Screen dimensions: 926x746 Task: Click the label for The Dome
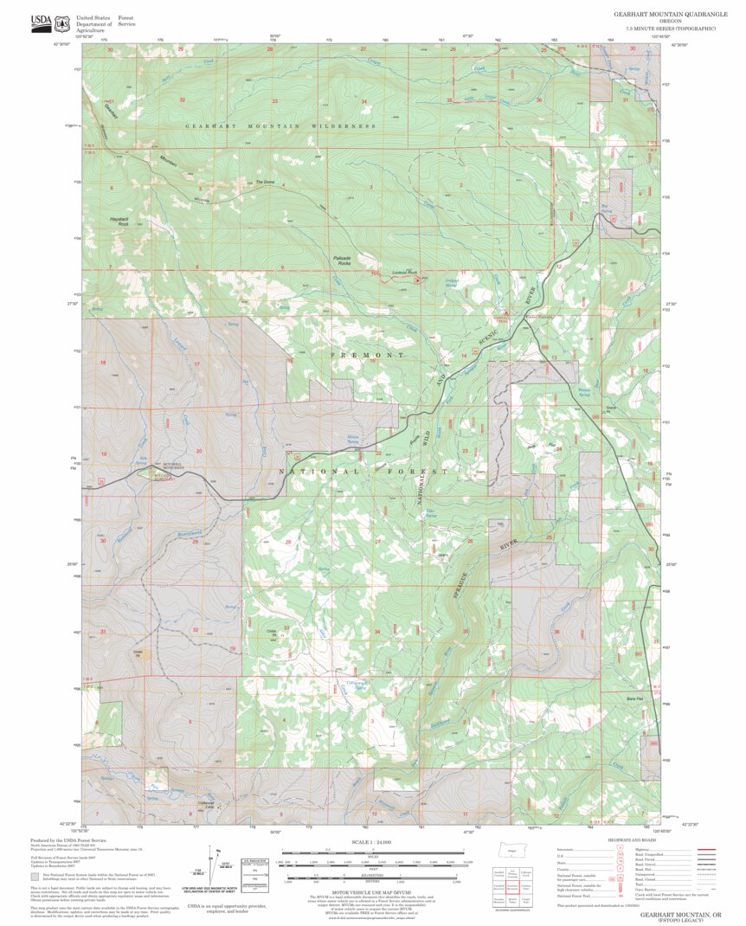point(264,182)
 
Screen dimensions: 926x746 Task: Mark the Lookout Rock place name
point(403,273)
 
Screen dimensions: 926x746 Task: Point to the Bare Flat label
point(634,698)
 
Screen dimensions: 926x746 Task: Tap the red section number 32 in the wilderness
point(182,100)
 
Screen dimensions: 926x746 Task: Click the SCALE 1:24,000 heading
point(372,841)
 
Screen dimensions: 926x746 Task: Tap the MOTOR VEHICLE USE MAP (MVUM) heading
point(372,892)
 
